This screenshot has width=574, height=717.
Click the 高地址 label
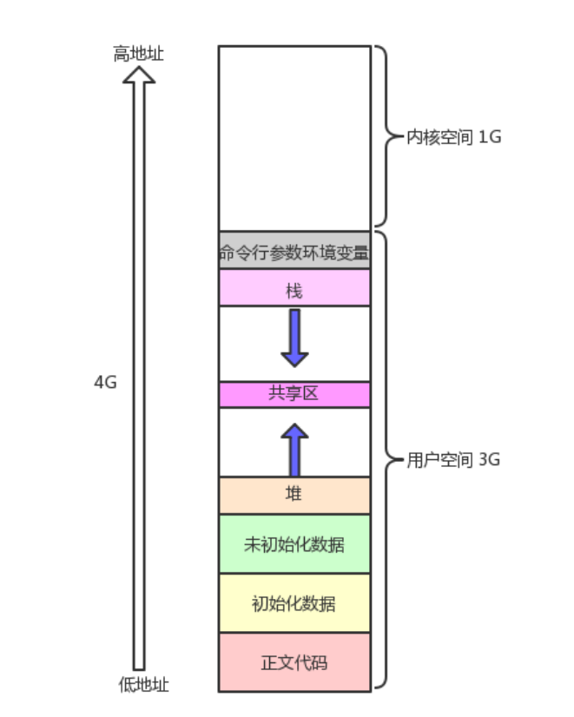point(138,55)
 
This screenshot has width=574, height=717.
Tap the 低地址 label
point(143,684)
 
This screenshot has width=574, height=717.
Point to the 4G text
point(105,382)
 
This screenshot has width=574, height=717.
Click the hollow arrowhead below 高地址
point(139,76)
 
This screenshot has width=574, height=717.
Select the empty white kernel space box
point(294,137)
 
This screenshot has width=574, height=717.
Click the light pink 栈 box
point(294,288)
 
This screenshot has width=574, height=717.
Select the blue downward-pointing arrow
point(294,338)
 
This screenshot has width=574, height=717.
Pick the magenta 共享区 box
point(294,394)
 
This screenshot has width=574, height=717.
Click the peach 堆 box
point(294,495)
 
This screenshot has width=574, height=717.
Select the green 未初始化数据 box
point(294,544)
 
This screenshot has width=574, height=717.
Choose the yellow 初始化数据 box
point(294,603)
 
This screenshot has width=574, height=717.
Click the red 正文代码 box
point(294,662)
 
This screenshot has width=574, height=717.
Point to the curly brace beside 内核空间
point(382,137)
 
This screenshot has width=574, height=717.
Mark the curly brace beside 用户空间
point(383,460)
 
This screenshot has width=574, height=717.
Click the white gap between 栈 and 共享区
point(252,344)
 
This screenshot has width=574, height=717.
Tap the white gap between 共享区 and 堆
point(252,442)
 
